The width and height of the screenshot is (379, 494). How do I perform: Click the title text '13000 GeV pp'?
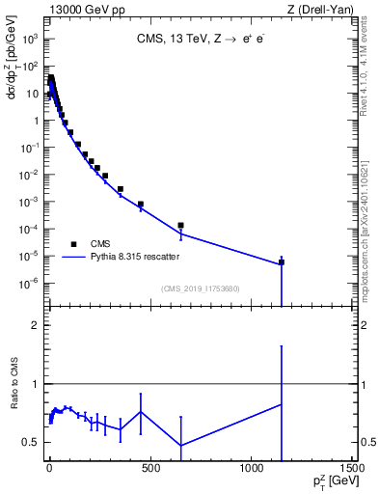point(78,10)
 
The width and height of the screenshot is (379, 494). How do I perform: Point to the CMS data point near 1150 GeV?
point(282,261)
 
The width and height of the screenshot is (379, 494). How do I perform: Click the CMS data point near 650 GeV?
point(180,225)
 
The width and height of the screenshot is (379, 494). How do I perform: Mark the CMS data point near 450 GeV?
point(141,205)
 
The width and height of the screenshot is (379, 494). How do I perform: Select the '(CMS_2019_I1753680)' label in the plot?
point(202,288)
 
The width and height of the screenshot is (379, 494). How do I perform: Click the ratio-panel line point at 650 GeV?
point(180,446)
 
